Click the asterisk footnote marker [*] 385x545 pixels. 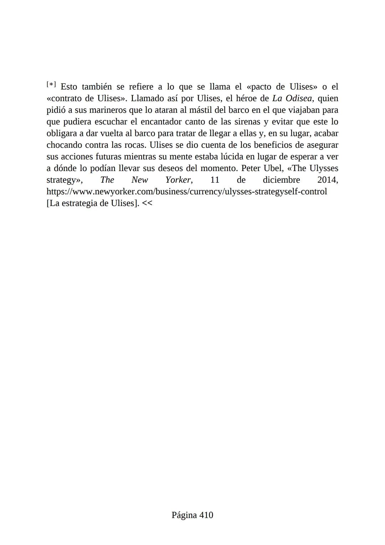pyautogui.click(x=51, y=85)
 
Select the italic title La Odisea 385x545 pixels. pyautogui.click(x=292, y=98)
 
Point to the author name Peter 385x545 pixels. pyautogui.click(x=251, y=168)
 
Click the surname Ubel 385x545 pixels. pyautogui.click(x=273, y=168)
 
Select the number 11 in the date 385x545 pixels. pyautogui.click(x=215, y=180)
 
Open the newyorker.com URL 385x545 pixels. pyautogui.click(x=186, y=192)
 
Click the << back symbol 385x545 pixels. pyautogui.click(x=147, y=203)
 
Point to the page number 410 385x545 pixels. pyautogui.click(x=206, y=515)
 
